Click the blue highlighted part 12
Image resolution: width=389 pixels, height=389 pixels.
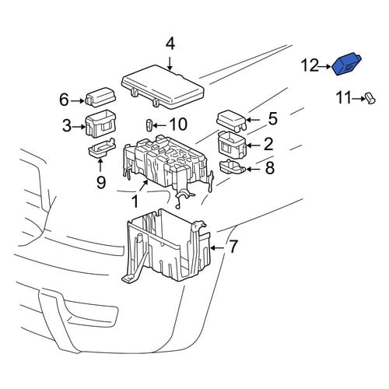(x=345, y=65)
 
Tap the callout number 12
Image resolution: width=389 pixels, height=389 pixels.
(x=310, y=65)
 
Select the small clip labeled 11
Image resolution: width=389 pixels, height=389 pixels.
(x=370, y=99)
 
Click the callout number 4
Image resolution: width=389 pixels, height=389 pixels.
(x=170, y=44)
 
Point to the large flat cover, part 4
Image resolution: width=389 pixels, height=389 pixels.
(x=163, y=86)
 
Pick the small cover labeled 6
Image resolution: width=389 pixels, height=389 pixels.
(x=100, y=97)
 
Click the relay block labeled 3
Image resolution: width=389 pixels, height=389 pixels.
(x=100, y=124)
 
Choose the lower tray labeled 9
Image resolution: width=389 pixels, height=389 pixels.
(x=102, y=148)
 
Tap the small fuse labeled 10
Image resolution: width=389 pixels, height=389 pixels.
(x=149, y=125)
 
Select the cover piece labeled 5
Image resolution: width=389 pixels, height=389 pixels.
(x=231, y=121)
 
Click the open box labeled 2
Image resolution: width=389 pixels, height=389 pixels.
(x=232, y=145)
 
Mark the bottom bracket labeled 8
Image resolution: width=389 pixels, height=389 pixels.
(x=233, y=166)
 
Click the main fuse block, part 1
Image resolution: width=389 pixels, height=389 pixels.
(x=167, y=163)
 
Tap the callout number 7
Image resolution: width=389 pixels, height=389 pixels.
(x=233, y=247)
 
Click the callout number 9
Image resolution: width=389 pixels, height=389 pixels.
(x=101, y=182)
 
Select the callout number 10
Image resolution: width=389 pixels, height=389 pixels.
(x=178, y=124)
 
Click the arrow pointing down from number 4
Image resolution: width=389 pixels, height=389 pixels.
(x=170, y=64)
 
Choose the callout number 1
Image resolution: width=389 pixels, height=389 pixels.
(x=135, y=202)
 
